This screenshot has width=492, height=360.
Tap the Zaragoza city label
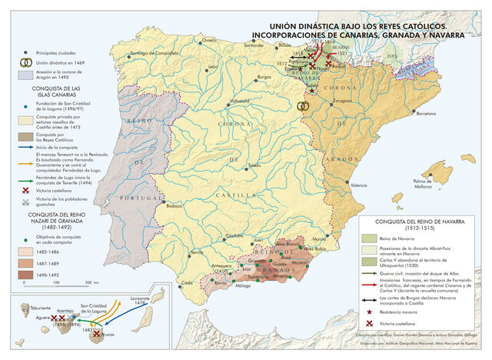point(344,100)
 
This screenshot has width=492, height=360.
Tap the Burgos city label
point(265,78)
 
